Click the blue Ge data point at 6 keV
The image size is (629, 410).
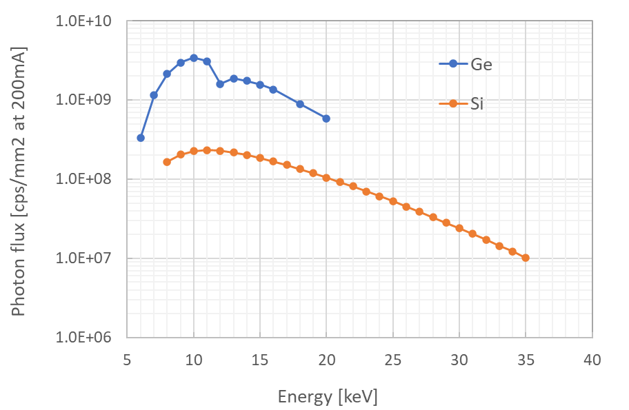click(141, 138)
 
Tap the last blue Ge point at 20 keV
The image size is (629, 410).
click(326, 119)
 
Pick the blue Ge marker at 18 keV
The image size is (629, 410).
click(300, 103)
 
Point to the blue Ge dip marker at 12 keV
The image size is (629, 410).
click(220, 83)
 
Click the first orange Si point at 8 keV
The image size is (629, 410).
click(167, 162)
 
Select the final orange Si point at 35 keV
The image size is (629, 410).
click(526, 258)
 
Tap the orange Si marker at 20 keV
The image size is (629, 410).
click(326, 177)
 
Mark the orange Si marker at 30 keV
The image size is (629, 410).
click(459, 228)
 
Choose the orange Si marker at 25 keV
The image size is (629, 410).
click(393, 201)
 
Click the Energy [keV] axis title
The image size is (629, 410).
click(328, 396)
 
